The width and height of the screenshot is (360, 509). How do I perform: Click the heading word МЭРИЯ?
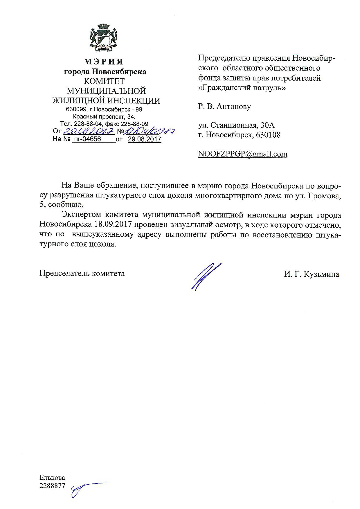coord(104,62)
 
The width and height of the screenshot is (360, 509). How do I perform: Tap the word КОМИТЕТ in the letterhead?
coord(104,81)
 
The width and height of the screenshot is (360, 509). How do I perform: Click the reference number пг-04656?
coord(87,139)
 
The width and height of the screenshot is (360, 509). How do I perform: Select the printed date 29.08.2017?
coord(144,139)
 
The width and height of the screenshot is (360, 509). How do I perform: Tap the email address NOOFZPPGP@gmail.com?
coord(243,154)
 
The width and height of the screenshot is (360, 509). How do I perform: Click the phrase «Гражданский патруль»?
coord(242,87)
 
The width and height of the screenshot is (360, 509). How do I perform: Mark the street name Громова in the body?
coord(322,196)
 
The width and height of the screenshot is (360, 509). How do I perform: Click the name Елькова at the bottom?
coord(52,478)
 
